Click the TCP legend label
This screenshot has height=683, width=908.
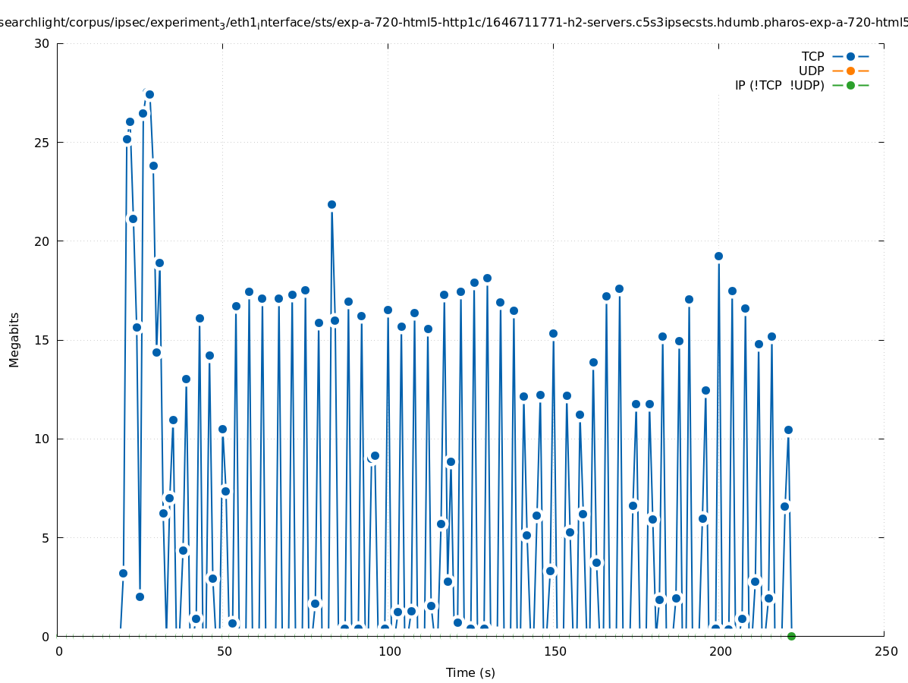(812, 56)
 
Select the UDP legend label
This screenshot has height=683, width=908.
(811, 71)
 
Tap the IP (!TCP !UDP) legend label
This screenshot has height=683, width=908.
(779, 85)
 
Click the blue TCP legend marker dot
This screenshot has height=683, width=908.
(850, 56)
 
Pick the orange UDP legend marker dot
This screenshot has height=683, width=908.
(850, 71)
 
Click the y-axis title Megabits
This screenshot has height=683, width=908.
(14, 339)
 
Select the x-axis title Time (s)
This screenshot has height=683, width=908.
(470, 672)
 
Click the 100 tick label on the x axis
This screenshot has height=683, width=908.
(389, 651)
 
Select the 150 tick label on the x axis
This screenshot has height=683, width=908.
(555, 651)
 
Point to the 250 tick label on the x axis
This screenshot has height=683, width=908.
(884, 651)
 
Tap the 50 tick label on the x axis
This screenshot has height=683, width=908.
(224, 651)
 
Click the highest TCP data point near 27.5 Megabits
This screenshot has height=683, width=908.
(149, 94)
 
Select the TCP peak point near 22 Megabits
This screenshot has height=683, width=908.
(331, 204)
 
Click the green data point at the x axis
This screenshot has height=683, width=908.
(791, 636)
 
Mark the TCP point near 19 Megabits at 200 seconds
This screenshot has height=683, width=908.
(718, 256)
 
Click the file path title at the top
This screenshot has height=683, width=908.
(454, 23)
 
